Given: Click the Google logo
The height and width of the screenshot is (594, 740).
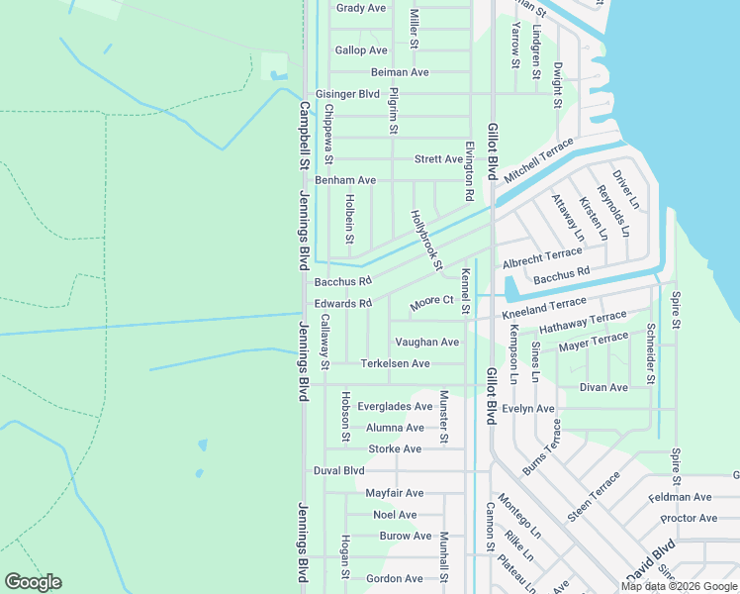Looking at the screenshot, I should point(33,582).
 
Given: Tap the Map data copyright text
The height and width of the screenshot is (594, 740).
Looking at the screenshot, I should point(679,586).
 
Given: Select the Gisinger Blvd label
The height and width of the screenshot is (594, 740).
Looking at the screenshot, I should point(347,94).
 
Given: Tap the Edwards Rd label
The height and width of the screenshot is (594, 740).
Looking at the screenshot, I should point(342,303).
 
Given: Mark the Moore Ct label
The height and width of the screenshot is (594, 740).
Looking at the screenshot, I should point(431,300).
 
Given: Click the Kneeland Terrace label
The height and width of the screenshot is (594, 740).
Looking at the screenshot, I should point(544,309).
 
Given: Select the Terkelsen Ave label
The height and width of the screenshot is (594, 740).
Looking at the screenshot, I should point(395,363).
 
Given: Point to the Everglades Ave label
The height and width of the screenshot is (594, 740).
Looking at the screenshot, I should point(395,406).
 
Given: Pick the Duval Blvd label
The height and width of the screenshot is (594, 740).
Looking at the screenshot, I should point(339,470).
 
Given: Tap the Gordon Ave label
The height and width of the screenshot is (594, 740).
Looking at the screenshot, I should point(394,578).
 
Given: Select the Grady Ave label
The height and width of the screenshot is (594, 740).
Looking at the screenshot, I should point(360,8).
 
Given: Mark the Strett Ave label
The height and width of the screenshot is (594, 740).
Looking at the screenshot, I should point(438,158).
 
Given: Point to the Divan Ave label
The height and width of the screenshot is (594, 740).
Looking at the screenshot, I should point(603,387).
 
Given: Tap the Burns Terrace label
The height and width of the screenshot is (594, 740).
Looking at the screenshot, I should point(541,446).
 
